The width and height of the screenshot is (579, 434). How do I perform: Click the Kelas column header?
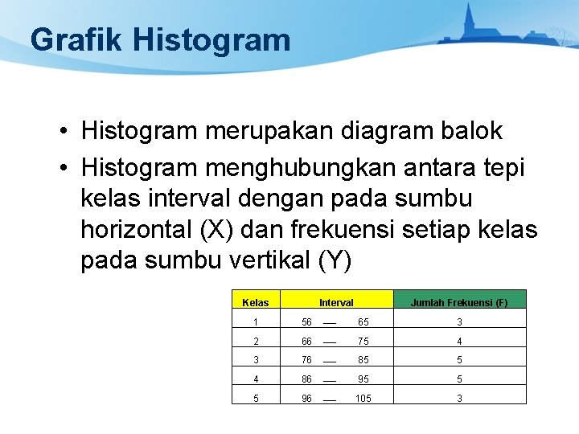point(255,303)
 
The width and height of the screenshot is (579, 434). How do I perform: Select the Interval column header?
point(336,303)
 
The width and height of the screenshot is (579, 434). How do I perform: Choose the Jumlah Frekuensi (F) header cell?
point(459,303)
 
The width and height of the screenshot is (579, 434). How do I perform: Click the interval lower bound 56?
point(306,321)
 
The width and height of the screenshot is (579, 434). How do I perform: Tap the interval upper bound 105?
point(363,398)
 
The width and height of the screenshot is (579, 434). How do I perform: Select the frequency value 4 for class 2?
point(459,341)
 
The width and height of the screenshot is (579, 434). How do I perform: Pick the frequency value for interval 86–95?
point(459,379)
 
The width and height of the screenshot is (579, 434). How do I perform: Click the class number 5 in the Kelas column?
point(255,398)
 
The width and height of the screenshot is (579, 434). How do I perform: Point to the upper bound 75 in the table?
point(363,341)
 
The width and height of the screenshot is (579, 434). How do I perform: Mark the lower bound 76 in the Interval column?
point(306,360)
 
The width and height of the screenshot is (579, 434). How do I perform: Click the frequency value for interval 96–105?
point(459,398)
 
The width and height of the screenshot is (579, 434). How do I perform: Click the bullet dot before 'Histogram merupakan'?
point(62,131)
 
